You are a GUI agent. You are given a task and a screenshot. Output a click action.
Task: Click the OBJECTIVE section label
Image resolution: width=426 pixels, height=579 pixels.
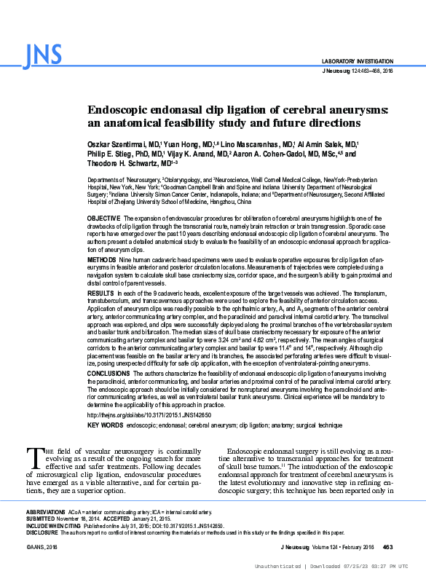click(x=103, y=218)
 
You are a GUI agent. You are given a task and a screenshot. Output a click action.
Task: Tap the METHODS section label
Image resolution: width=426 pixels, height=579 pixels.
click(x=100, y=259)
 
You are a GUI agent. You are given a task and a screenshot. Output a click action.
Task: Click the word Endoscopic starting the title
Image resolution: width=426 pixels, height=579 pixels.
click(x=127, y=110)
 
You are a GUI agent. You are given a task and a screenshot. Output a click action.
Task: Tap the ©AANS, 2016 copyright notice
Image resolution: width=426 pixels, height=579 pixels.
click(x=42, y=546)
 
